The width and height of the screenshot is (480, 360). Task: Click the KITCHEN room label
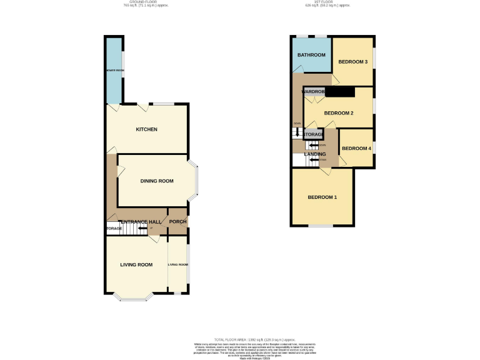pyautogui.click(x=146, y=129)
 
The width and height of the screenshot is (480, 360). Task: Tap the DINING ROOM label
pyautogui.click(x=156, y=181)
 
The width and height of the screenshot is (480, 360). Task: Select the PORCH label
pyautogui.click(x=177, y=222)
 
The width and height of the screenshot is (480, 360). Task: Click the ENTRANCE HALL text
pyautogui.click(x=141, y=222)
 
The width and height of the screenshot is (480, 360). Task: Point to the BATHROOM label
pyautogui.click(x=310, y=55)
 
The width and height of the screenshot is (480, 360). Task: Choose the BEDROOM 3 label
pyautogui.click(x=352, y=61)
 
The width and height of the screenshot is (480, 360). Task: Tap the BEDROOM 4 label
pyautogui.click(x=356, y=148)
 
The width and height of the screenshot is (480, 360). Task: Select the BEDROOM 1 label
pyautogui.click(x=322, y=197)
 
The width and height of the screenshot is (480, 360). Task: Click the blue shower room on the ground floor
pyautogui.click(x=114, y=70)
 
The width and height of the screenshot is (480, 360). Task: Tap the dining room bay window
pyautogui.click(x=196, y=181)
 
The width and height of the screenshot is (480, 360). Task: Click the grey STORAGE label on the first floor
pyautogui.click(x=313, y=134)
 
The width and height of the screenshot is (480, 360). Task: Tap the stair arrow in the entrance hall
pyautogui.click(x=142, y=229)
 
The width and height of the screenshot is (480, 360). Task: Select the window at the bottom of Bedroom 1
pyautogui.click(x=321, y=226)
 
